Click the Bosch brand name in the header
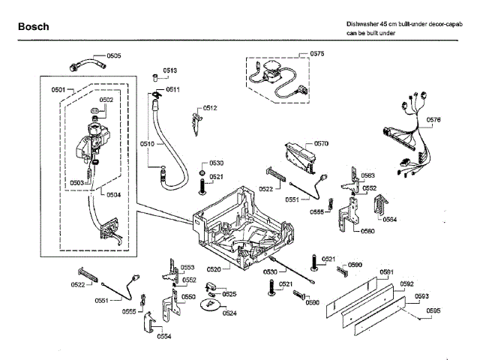(33, 27)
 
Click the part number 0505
(114, 56)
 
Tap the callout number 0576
(433, 120)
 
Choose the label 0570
(321, 143)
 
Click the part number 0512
(210, 108)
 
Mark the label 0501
(58, 90)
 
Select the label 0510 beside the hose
(147, 143)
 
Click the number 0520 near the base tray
(214, 268)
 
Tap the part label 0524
(229, 313)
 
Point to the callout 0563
(368, 175)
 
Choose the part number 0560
(367, 231)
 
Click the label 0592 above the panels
(406, 284)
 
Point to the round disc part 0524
(210, 301)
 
